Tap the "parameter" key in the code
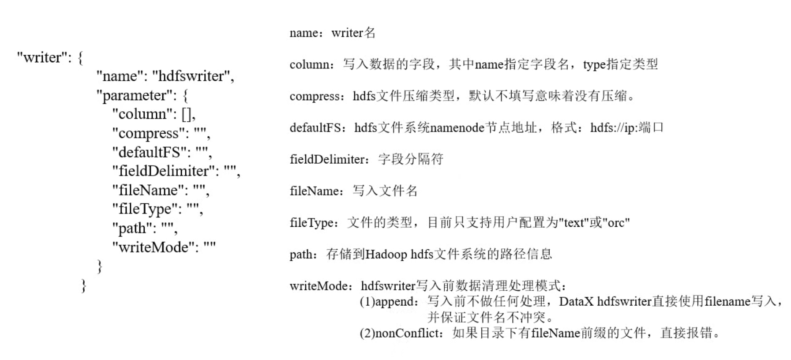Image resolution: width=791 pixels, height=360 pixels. point(136,95)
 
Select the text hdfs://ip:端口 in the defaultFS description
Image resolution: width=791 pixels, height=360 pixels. point(626,128)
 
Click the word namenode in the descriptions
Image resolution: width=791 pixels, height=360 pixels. point(457,128)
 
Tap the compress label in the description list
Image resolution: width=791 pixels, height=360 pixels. point(314,96)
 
